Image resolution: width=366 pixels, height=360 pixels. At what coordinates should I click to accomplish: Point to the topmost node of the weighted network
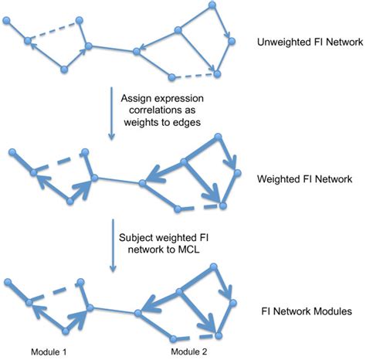point(219,138)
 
